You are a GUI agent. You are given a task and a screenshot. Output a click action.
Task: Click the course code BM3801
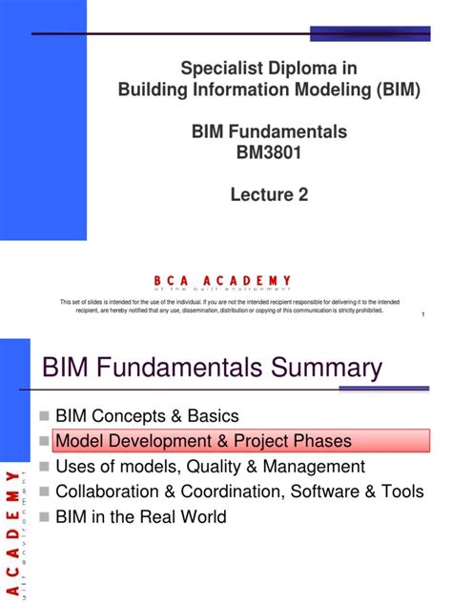click(270, 150)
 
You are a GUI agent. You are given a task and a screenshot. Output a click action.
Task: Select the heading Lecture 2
click(270, 194)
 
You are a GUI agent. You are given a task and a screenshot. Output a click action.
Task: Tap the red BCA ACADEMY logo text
click(221, 280)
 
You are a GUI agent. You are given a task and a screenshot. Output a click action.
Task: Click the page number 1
click(421, 330)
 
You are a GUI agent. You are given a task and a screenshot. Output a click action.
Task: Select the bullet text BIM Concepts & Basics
click(147, 416)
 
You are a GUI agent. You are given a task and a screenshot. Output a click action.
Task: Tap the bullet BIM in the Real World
click(141, 517)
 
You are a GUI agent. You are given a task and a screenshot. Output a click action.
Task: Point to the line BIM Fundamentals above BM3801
click(270, 131)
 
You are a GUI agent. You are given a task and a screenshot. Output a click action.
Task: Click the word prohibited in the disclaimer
click(364, 310)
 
